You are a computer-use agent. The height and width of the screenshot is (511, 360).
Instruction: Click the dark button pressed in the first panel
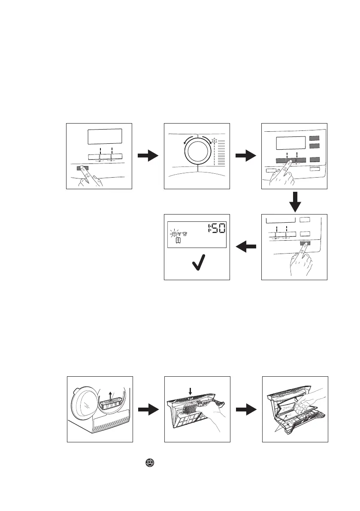[x=81, y=168]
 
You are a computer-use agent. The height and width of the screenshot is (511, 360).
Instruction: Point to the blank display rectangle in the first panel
[x=105, y=137]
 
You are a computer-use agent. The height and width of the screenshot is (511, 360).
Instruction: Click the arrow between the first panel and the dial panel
[x=148, y=156]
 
